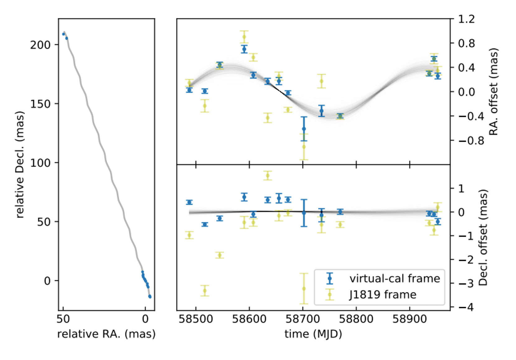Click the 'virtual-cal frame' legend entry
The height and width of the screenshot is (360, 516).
coord(394,278)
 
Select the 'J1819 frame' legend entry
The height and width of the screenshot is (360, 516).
coord(382,294)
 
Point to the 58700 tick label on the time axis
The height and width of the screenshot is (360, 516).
coord(303,319)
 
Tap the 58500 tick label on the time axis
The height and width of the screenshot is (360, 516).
coord(195,319)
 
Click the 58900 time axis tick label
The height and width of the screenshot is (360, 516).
coord(409,319)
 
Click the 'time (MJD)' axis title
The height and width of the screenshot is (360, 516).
coord(313,334)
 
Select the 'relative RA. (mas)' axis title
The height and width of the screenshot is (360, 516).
coord(106,334)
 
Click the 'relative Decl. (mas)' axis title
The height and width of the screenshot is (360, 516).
coord(20,165)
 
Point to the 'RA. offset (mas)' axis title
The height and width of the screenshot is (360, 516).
coord(494,92)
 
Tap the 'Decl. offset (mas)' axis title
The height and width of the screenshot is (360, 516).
coord(483,238)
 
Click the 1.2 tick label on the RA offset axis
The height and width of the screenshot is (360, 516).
coord(467,19)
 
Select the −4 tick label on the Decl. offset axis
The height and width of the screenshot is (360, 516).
coord(466,307)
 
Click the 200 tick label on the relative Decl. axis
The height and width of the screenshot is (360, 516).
coord(40,45)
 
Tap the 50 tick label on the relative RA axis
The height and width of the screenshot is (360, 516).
coord(63,319)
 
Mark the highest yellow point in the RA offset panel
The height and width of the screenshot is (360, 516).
coord(244,37)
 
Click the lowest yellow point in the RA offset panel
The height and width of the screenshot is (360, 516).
coord(304,147)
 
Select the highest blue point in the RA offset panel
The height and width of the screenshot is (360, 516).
coord(244,49)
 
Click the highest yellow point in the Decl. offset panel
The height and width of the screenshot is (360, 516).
coord(268,176)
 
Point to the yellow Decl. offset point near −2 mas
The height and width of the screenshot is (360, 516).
coord(220,255)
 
